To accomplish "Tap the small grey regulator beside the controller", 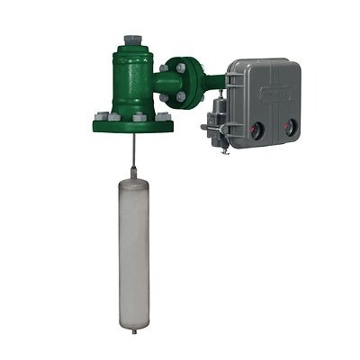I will pos(213,125).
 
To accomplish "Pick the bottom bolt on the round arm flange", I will pos(179,98).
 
